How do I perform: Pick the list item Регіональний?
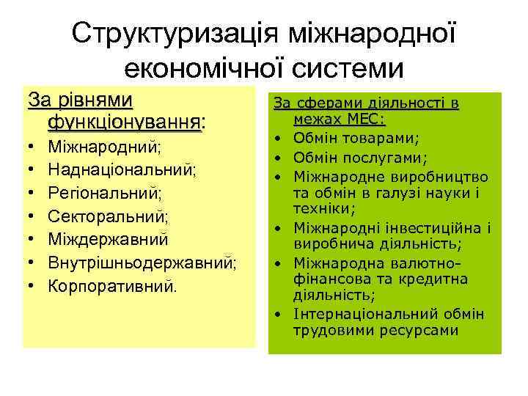coord(105,194)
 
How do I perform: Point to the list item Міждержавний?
coord(108,239)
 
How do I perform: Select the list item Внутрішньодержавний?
coord(142,262)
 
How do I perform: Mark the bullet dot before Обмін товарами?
coord(282,138)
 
